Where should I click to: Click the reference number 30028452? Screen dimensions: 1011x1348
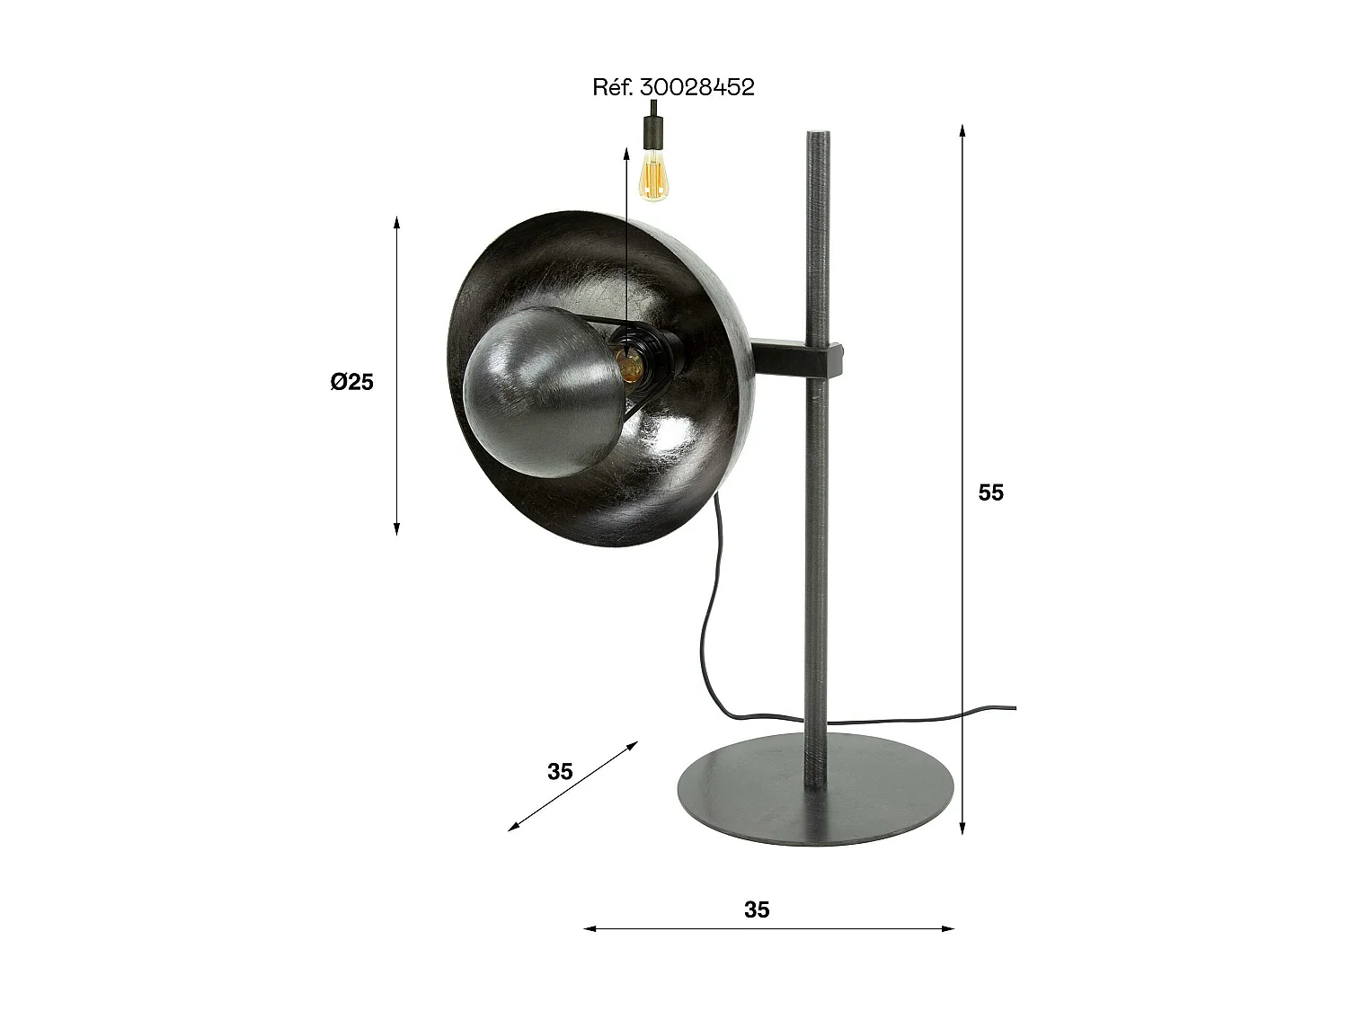point(697,87)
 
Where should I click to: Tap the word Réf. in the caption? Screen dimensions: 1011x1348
point(614,87)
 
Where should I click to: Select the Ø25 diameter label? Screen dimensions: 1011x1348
point(351,382)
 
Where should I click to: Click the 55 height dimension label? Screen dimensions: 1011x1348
point(990,492)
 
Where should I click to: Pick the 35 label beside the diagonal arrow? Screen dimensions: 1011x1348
point(560,771)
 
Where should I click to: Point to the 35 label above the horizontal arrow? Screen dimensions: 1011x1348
point(757,909)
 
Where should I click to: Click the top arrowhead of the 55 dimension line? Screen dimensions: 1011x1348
point(962,129)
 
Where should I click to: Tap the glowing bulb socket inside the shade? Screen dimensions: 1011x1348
point(629,361)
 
